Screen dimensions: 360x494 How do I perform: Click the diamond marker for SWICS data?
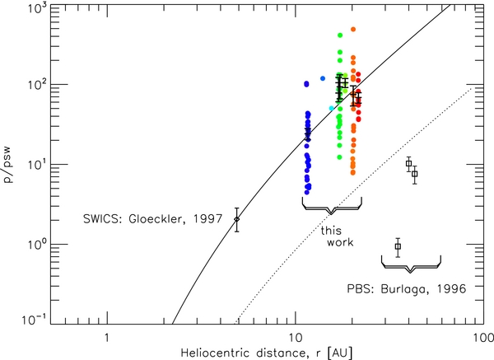tap(237, 219)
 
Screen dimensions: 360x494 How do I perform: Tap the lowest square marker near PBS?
tap(398, 246)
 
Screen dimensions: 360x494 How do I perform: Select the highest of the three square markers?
tap(408, 164)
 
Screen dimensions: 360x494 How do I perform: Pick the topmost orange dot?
tap(353, 30)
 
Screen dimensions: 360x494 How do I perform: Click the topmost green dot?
tap(340, 35)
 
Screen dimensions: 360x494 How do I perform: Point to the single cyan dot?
tap(331, 109)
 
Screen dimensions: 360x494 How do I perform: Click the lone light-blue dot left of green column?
tap(323, 78)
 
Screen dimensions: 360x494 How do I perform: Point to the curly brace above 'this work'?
tap(333, 208)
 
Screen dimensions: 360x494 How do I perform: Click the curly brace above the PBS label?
tap(412, 263)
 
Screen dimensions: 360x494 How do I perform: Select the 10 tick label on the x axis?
tap(295, 338)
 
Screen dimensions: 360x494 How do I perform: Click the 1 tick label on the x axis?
tap(106, 338)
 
